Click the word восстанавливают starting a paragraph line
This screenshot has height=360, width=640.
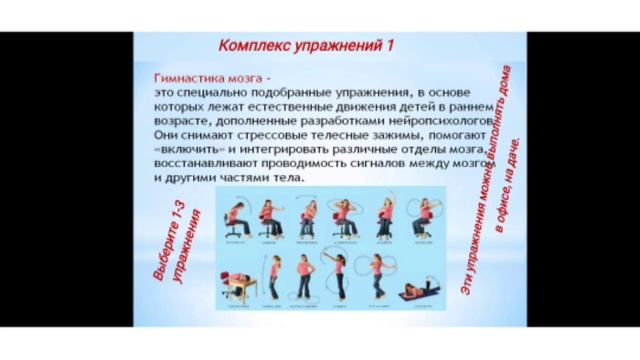pyautogui.click(x=194, y=163)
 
